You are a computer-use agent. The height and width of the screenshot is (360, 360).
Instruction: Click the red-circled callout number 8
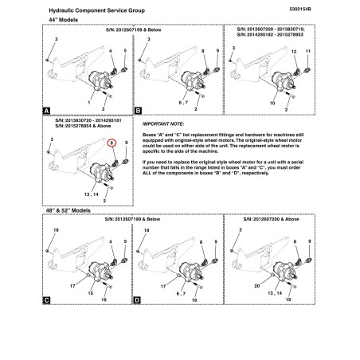tap(112, 143)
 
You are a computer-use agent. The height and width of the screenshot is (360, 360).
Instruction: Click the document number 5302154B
tap(300, 9)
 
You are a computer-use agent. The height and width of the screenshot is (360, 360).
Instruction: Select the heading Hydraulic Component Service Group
tap(97, 10)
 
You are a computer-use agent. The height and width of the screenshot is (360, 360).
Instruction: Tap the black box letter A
tap(46, 111)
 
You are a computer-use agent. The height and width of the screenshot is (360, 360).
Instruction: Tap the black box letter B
tap(138, 111)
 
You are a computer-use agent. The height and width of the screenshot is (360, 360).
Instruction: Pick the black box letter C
tap(46, 300)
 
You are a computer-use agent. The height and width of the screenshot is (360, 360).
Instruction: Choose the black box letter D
tap(137, 300)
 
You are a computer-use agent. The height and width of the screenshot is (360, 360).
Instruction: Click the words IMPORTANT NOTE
tap(162, 124)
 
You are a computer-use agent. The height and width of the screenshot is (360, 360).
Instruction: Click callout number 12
tap(294, 52)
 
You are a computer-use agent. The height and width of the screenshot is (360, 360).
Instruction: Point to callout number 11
tap(308, 51)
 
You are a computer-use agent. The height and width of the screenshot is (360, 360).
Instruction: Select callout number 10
tap(272, 103)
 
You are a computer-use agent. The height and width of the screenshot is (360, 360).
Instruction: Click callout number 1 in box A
tap(89, 102)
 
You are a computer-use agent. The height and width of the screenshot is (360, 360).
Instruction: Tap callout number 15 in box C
tap(91, 293)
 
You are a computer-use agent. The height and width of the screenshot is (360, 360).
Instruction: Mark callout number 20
tap(257, 286)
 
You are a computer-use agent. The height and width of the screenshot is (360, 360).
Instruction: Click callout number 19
tap(288, 299)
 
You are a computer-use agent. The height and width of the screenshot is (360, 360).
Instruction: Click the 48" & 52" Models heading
tap(68, 210)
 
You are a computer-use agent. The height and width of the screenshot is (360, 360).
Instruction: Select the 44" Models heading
tap(64, 20)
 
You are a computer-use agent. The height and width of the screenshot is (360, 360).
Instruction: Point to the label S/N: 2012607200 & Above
tap(271, 219)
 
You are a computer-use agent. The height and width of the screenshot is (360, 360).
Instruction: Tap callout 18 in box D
tap(147, 230)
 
